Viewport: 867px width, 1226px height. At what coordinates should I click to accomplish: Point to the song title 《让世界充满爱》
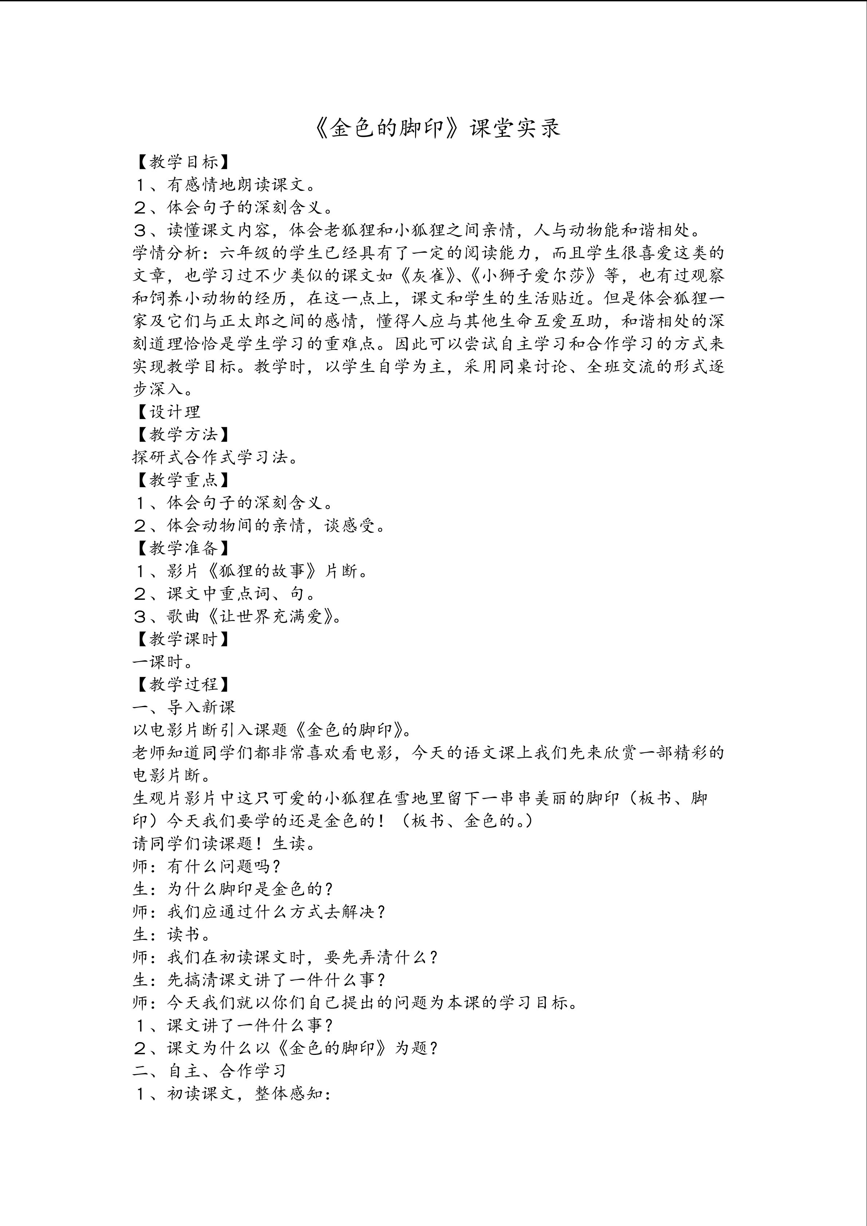(272, 616)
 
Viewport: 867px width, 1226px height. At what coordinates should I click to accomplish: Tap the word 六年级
(245, 253)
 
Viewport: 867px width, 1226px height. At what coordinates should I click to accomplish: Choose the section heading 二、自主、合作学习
(210, 1070)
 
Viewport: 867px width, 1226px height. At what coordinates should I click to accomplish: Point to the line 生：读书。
(172, 934)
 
